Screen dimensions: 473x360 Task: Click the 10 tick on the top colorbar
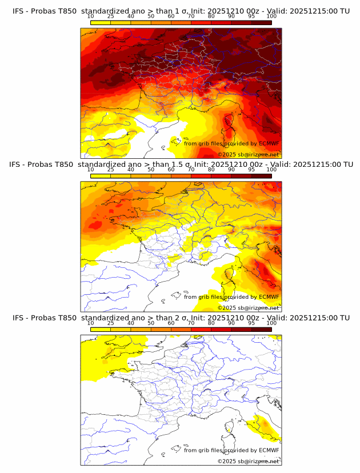pyautogui.click(x=91, y=16)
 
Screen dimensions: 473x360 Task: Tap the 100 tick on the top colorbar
pyautogui.click(x=271, y=16)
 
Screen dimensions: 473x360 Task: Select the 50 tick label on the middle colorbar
pyautogui.click(x=151, y=169)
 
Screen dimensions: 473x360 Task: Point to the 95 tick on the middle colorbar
pyautogui.click(x=251, y=169)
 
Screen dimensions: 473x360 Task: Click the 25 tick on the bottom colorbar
pyautogui.click(x=111, y=322)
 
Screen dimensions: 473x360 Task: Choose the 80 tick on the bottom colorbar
pyautogui.click(x=211, y=322)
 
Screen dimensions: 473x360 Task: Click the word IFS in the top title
pyautogui.click(x=19, y=11)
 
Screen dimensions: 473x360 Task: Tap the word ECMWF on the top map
pyautogui.click(x=269, y=143)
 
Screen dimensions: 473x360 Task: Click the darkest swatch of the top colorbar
pyautogui.click(x=261, y=22)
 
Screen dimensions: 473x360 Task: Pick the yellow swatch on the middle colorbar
pyautogui.click(x=101, y=175)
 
